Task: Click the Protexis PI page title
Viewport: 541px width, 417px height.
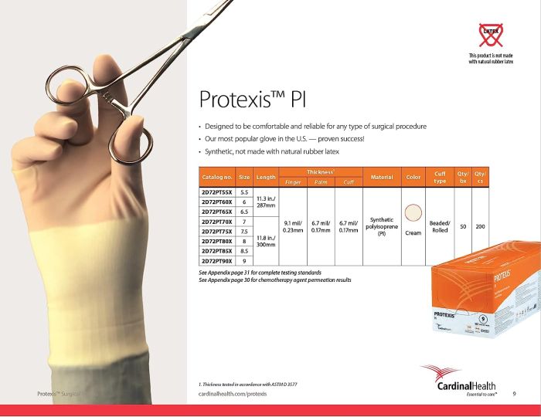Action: click(257, 100)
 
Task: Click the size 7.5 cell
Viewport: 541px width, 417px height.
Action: click(244, 231)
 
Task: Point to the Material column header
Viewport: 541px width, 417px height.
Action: click(382, 177)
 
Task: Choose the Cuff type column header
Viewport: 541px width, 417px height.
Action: click(440, 177)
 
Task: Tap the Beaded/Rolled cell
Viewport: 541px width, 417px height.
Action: click(440, 226)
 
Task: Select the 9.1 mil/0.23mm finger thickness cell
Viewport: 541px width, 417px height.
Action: click(293, 226)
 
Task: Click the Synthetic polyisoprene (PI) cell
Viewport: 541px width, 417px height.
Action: click(382, 226)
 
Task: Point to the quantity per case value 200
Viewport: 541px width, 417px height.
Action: click(480, 226)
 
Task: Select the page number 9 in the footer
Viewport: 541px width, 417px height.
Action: click(515, 395)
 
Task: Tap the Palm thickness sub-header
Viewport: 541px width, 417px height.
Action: click(320, 182)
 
